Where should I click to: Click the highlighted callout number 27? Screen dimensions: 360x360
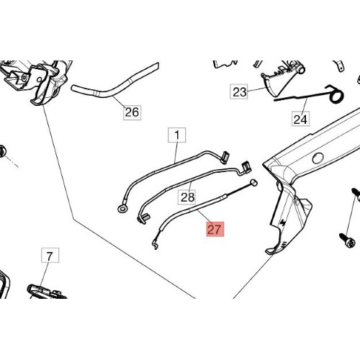coord(215,229)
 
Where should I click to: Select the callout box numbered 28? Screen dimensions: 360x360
coord(187,197)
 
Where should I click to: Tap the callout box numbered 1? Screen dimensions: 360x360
coord(177,135)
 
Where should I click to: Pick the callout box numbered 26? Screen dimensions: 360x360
coord(132,112)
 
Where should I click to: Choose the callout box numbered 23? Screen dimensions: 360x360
coord(239,91)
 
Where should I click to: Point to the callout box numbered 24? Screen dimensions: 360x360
coord(300,119)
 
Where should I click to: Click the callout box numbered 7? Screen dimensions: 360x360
coord(50,256)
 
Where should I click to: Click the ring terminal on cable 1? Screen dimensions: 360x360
coord(122,209)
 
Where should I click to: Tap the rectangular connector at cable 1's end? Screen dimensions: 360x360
coord(225,158)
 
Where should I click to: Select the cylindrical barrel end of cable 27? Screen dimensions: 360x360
coord(253,183)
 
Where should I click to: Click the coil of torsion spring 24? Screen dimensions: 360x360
coord(336,95)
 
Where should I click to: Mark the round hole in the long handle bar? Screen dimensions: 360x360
coord(318,158)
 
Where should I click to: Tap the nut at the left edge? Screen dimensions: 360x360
coord(2,151)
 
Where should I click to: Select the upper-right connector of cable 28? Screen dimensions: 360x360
coord(246,168)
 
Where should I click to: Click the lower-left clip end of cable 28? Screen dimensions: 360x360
coord(143,218)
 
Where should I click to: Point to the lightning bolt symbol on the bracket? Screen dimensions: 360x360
coord(283,222)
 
